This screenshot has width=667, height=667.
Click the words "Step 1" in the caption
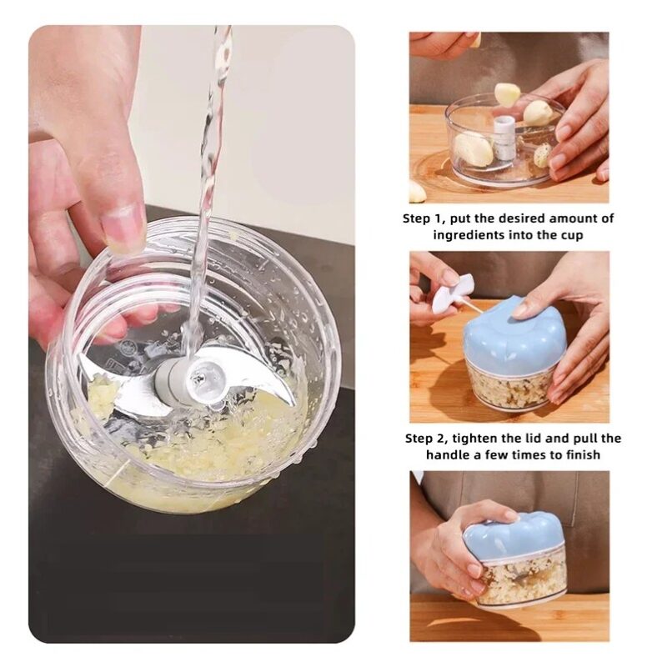point(424,219)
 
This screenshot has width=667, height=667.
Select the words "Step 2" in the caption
point(427,439)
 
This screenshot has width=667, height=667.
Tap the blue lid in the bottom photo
point(514,538)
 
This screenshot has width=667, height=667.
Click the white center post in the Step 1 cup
point(505,138)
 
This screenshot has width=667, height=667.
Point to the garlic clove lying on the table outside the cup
point(417,192)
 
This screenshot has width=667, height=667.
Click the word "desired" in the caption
point(522,219)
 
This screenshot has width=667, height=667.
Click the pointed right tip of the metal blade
point(293,403)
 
